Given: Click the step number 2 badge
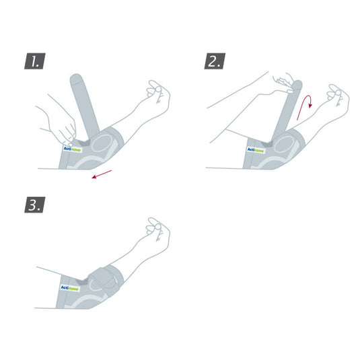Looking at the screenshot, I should [x=215, y=62].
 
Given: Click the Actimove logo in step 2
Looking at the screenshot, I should [x=256, y=150].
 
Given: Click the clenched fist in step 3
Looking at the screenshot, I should [x=158, y=232].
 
